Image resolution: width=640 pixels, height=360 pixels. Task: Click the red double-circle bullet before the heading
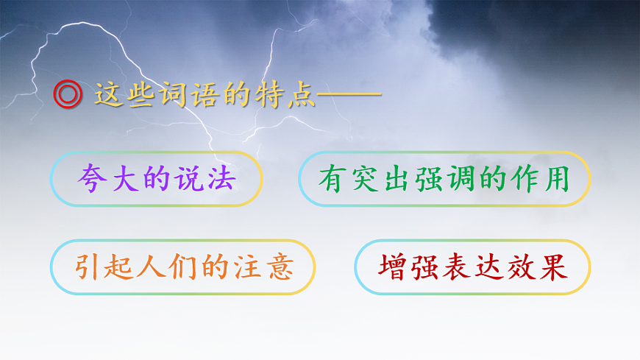point(68,95)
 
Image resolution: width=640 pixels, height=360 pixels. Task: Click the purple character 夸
point(92,179)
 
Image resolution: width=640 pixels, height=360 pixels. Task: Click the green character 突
point(364,179)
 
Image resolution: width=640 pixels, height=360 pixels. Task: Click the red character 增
point(394,267)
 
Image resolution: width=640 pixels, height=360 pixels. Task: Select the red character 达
point(488,267)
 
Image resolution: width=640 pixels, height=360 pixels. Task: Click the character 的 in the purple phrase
point(155,179)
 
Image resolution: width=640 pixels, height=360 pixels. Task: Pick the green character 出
point(396,179)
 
